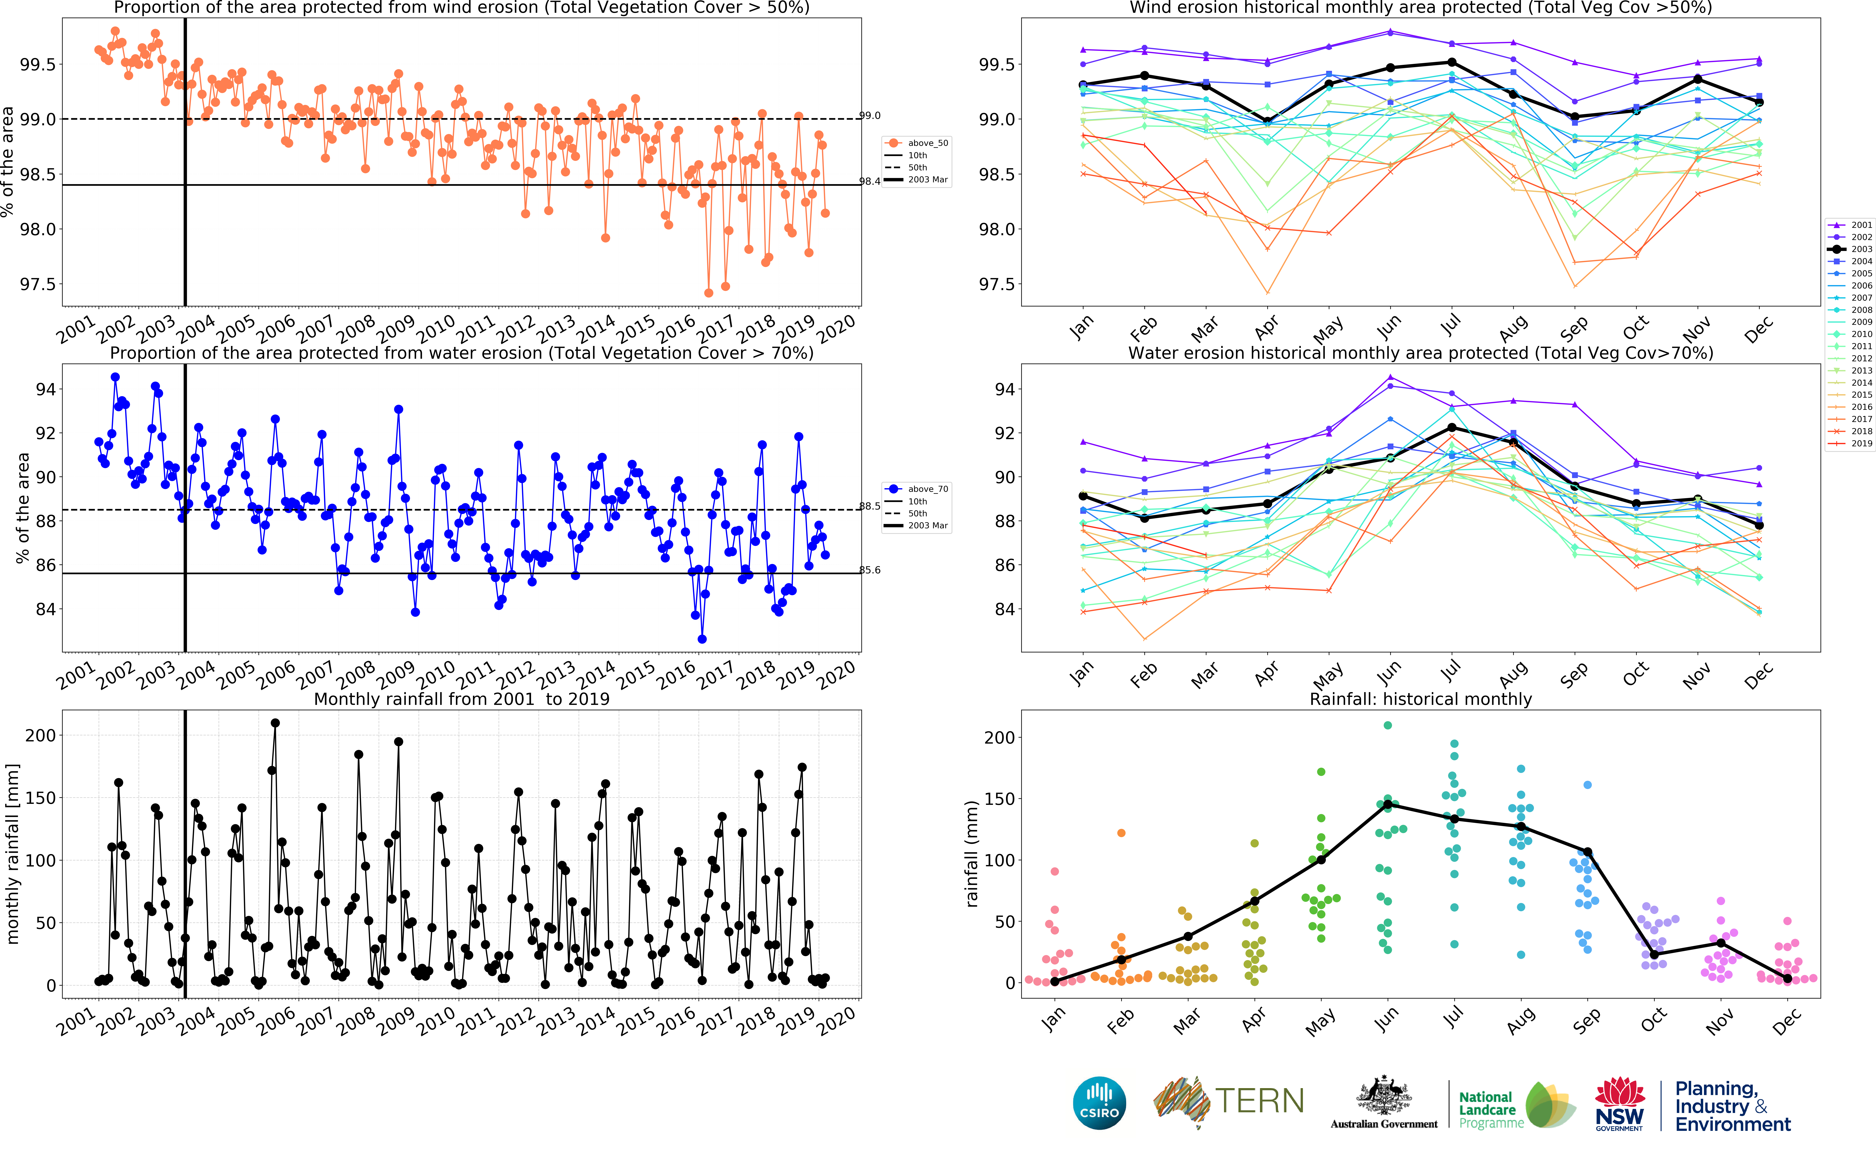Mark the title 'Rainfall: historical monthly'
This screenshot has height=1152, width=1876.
[x=1420, y=699]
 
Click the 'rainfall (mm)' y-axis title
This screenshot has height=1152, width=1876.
[x=972, y=853]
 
